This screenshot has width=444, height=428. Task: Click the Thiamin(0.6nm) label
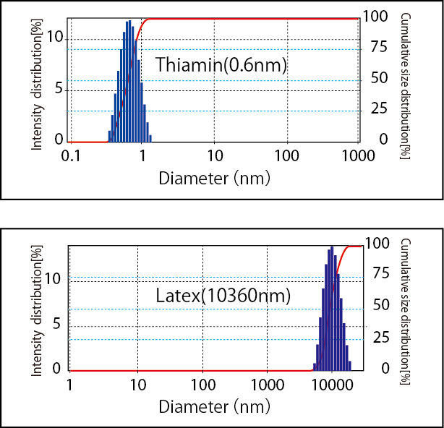click(221, 65)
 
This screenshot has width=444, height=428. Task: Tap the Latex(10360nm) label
click(223, 296)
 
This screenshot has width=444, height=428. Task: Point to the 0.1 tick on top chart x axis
click(71, 156)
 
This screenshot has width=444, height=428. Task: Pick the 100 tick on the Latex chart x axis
click(202, 385)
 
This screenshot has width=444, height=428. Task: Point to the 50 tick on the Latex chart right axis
click(379, 306)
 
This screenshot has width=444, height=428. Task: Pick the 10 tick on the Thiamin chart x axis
click(214, 156)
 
